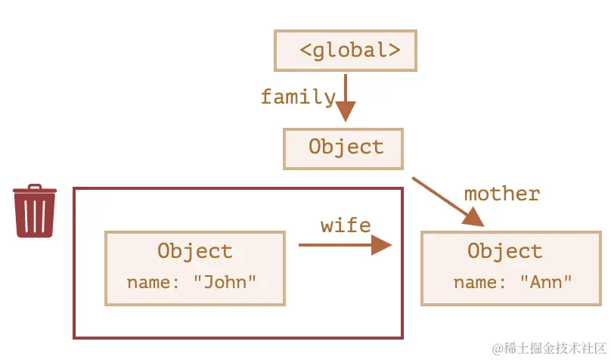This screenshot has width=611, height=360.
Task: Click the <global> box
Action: [346, 51]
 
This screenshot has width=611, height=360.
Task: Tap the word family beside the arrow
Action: [297, 97]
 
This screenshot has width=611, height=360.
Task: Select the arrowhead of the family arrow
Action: [346, 112]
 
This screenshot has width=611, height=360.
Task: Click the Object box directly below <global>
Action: [343, 147]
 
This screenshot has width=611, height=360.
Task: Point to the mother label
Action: [501, 194]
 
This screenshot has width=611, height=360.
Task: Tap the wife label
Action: [346, 225]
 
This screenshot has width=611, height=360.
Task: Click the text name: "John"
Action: [192, 282]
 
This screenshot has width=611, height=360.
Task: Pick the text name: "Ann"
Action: [513, 282]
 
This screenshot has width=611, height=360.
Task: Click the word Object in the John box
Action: [194, 251]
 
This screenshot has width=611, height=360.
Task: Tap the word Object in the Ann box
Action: [504, 251]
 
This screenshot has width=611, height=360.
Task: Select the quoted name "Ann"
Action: [545, 282]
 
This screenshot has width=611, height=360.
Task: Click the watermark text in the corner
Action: [551, 348]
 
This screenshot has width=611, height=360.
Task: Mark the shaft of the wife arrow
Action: [333, 245]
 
